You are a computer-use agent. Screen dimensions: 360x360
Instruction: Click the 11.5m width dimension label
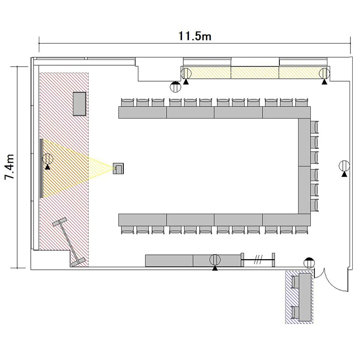click(x=195, y=36)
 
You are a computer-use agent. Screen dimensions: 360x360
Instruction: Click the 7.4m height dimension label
click(x=10, y=167)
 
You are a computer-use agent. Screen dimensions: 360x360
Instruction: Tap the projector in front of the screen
click(x=118, y=168)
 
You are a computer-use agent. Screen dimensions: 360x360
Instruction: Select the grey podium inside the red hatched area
click(x=79, y=104)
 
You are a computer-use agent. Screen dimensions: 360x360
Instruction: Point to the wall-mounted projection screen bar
click(x=41, y=168)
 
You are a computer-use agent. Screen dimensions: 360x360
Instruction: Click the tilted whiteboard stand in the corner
click(x=69, y=242)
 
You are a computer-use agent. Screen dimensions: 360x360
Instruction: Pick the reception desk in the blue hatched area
click(x=305, y=297)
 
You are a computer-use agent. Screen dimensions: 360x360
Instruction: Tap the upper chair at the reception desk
click(x=295, y=282)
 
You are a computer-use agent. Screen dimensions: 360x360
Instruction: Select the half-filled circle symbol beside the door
click(x=309, y=263)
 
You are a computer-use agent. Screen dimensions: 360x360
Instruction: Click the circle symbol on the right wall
click(x=344, y=166)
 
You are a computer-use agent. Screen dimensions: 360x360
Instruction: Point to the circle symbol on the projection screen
click(x=48, y=158)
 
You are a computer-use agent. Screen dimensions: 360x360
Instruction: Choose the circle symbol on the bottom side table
click(x=215, y=260)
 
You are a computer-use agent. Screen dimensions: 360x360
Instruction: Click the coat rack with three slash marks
click(x=258, y=260)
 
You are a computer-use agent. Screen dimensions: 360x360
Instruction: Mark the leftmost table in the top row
click(x=143, y=112)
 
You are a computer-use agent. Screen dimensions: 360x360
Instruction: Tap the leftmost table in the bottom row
click(x=143, y=220)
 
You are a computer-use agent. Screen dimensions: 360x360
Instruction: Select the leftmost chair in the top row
click(x=127, y=102)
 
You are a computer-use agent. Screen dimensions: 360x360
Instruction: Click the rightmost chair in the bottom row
click(x=301, y=230)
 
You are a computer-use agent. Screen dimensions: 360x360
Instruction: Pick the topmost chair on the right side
click(x=314, y=127)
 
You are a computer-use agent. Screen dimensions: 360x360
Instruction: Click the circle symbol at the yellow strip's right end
click(x=324, y=73)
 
